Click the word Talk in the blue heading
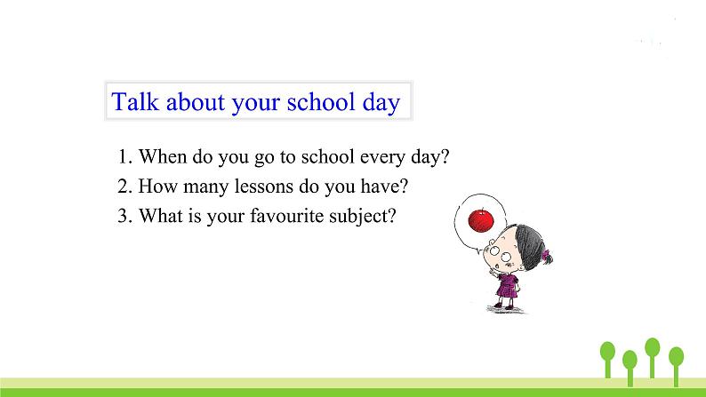135,101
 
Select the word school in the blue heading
321,101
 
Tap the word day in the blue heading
381,103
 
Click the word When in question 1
163,156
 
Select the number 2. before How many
124,187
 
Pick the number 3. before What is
124,216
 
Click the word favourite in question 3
287,215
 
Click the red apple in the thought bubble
481,220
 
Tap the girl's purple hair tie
547,257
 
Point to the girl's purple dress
509,286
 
